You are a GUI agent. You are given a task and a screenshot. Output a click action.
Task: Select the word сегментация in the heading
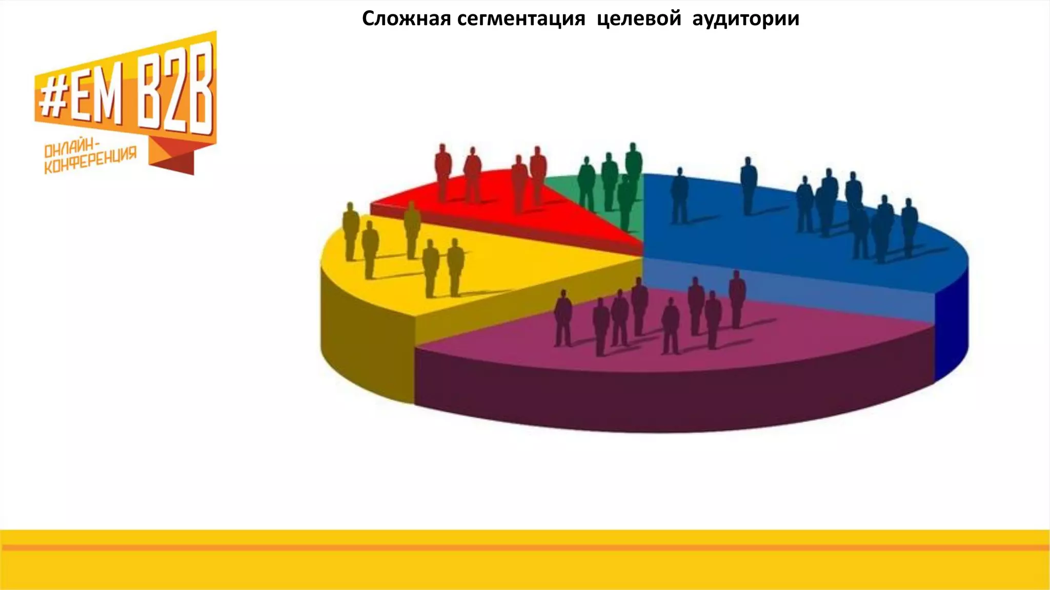(521, 19)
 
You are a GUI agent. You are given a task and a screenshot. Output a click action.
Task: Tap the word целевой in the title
(639, 19)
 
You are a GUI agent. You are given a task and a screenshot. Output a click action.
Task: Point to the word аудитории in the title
(745, 19)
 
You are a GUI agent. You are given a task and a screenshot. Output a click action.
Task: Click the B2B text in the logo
(175, 92)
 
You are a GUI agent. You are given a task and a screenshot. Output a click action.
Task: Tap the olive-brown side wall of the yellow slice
(364, 348)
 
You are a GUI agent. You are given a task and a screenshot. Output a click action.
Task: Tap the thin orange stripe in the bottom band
(525, 547)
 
